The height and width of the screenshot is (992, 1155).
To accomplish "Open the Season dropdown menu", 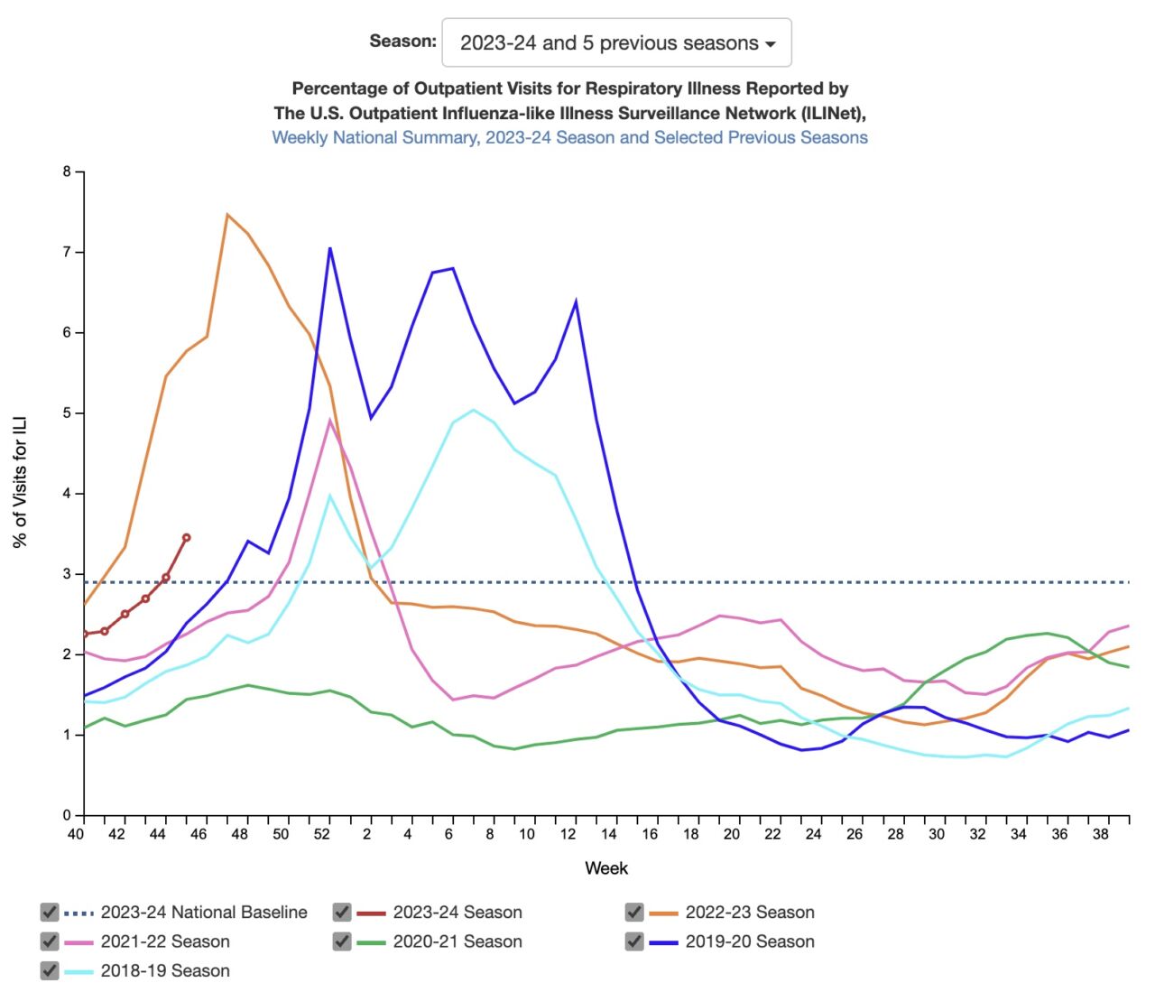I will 616,42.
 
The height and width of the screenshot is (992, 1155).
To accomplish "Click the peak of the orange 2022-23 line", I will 227,215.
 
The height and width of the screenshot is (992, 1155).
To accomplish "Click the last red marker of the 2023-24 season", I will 187,537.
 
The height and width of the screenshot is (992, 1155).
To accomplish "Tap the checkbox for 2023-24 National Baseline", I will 50,912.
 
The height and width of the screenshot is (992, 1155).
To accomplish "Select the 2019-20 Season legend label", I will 749,941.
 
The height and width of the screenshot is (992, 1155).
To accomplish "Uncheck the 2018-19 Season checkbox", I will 50,970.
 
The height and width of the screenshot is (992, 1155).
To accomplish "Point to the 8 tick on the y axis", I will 67,172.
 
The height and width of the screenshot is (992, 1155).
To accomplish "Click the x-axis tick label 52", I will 322,834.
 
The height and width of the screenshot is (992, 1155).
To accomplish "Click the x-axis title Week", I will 606,868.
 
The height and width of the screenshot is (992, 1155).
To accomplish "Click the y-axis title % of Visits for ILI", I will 20,481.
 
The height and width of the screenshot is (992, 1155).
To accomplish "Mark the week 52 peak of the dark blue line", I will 330,247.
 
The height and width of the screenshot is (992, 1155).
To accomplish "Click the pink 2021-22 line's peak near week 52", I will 330,421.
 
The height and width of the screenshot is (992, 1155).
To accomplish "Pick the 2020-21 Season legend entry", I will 457,941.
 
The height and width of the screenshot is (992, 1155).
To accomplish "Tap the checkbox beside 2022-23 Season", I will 634,912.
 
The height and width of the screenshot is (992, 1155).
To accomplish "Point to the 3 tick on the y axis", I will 67,574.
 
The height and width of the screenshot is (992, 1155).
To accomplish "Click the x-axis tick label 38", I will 1101,834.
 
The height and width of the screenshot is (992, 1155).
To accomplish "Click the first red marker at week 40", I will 84,635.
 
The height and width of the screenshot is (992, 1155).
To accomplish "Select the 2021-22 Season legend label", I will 164,941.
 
